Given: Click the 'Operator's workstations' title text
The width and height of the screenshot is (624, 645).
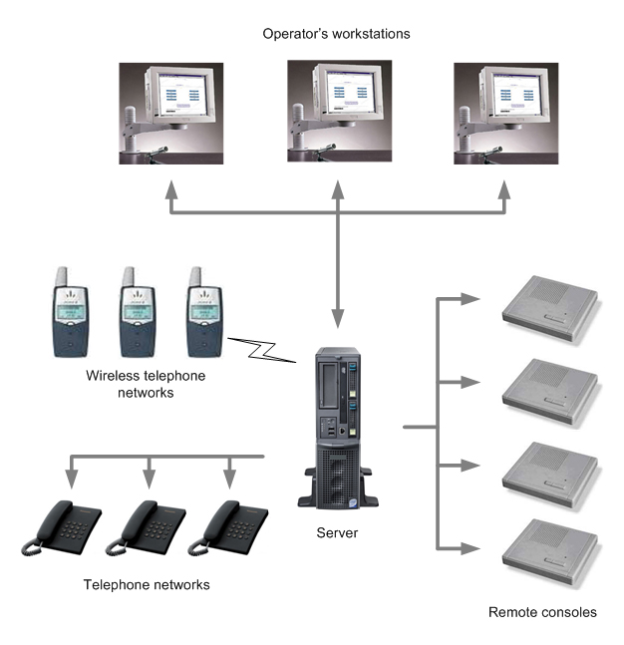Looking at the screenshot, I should point(336,34).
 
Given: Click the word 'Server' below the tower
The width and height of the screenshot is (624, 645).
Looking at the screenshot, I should point(339,533).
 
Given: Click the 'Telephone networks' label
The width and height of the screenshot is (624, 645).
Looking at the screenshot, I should point(147,584).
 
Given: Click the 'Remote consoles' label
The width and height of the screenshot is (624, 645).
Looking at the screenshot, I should point(542,612).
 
